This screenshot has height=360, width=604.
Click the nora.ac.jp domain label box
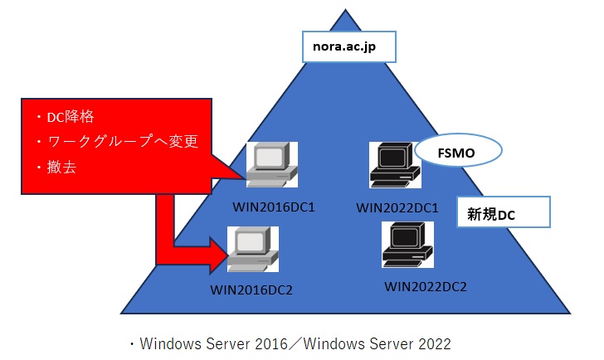click(349, 47)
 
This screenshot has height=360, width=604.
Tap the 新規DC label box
click(503, 212)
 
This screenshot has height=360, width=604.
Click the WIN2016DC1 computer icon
click(271, 165)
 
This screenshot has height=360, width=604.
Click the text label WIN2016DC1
click(267, 203)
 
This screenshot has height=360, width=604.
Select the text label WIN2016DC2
click(251, 289)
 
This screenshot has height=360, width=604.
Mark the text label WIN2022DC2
click(426, 287)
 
